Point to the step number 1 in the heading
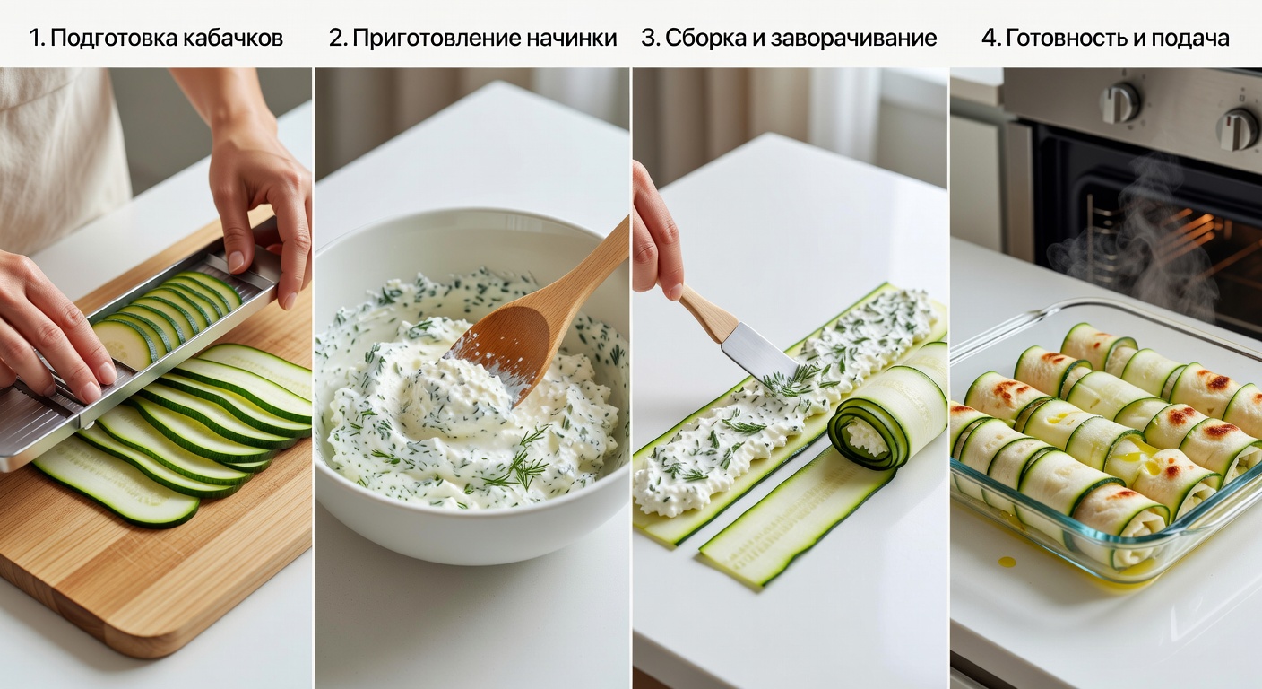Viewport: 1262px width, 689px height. (35, 38)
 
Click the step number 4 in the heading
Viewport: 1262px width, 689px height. (989, 38)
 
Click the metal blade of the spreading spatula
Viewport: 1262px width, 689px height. (757, 351)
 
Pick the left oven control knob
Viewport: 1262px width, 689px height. (1119, 103)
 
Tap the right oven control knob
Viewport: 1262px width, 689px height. (1238, 129)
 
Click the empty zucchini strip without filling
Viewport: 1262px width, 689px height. (789, 520)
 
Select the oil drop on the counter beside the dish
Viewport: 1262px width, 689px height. (1007, 562)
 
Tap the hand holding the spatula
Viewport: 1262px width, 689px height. (654, 233)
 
